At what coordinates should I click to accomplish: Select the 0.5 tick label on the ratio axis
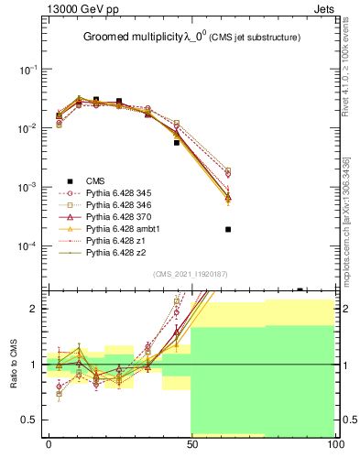coord(30,420)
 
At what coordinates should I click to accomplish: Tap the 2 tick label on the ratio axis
coord(36,309)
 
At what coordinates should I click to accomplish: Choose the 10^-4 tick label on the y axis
coord(27,245)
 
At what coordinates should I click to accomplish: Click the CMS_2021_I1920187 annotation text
coord(191,274)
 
